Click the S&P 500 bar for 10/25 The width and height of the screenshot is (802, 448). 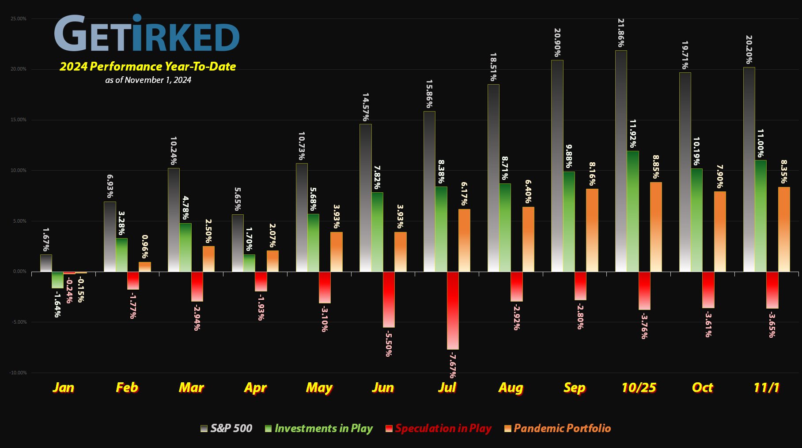[621, 161]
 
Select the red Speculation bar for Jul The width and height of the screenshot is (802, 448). [453, 310]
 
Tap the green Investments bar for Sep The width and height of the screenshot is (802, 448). [569, 221]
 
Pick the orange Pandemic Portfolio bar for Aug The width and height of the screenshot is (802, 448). [528, 239]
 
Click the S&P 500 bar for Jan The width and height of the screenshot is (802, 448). [46, 263]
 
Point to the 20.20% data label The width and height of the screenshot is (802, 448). [749, 49]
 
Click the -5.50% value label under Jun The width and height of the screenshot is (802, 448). [388, 343]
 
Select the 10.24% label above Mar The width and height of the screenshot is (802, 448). [173, 150]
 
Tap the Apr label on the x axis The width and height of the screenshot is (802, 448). [255, 388]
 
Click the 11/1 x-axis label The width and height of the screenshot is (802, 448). [766, 388]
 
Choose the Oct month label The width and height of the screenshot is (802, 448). [702, 388]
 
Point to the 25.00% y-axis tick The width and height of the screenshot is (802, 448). [18, 19]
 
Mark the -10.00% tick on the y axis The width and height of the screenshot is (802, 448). [18, 373]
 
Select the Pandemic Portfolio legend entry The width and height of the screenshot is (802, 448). [558, 428]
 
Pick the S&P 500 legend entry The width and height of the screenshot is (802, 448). [227, 428]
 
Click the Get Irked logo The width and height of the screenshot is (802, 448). [147, 33]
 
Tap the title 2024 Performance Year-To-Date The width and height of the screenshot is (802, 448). [148, 67]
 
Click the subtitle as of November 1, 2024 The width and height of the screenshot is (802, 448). [148, 80]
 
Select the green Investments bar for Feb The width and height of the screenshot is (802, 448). [121, 255]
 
